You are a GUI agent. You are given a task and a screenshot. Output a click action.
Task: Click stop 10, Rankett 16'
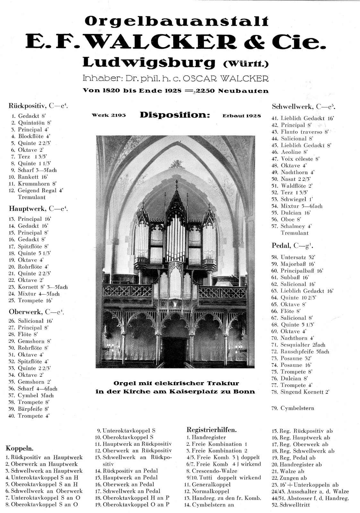click(x=28, y=177)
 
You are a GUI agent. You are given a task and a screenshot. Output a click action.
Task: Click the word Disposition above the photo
click(x=175, y=115)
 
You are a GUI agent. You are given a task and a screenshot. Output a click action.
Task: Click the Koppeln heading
click(x=20, y=448)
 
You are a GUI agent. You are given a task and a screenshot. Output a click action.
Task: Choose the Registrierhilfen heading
click(x=211, y=430)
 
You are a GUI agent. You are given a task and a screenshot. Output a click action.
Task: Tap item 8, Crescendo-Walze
click(x=214, y=471)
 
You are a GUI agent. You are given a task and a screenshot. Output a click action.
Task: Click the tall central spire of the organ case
click(x=176, y=192)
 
